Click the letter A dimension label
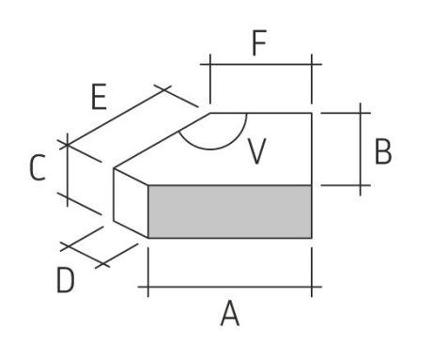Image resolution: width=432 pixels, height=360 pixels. click(230, 313)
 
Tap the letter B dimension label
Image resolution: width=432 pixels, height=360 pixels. click(383, 151)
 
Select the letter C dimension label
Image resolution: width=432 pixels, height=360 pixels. click(38, 167)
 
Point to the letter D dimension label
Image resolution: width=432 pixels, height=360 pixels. click(66, 280)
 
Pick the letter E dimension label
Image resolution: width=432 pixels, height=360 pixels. click(99, 97)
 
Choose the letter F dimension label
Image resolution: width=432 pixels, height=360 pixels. click(259, 43)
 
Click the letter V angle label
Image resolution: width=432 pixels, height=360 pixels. click(256, 151)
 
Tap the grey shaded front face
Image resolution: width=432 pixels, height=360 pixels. click(230, 211)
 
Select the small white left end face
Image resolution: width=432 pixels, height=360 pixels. click(131, 203)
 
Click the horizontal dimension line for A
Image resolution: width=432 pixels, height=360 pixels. click(230, 287)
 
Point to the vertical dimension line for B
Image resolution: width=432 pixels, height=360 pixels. click(361, 149)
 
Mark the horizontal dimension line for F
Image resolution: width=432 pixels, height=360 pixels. click(261, 64)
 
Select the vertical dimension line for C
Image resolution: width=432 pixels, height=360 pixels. click(68, 169)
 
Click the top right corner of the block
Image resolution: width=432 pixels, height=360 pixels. click(312, 113)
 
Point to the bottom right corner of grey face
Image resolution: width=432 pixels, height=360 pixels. click(312, 238)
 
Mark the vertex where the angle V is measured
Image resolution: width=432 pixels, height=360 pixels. click(210, 113)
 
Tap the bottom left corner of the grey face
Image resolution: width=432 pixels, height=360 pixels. click(148, 238)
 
